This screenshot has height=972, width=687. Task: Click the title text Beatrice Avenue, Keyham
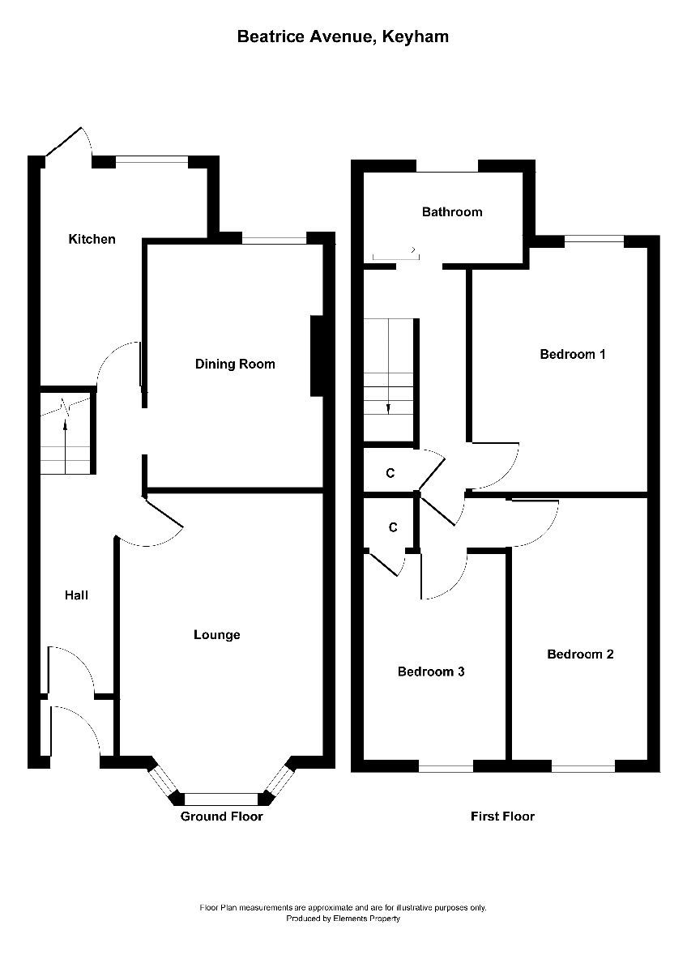343,36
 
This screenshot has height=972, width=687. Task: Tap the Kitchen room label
92,239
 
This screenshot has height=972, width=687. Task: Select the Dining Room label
235,364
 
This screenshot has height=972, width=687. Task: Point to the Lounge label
216,634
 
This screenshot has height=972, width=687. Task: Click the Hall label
76,595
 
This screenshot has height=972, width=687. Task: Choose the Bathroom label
451,212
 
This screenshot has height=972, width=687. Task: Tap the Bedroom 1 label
573,354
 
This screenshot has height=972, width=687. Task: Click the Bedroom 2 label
579,654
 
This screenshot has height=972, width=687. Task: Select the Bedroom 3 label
430,671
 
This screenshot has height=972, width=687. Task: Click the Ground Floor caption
221,816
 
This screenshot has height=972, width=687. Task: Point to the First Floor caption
502,816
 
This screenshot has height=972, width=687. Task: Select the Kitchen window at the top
151,161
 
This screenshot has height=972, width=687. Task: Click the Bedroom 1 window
594,239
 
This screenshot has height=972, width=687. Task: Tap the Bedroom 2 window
583,765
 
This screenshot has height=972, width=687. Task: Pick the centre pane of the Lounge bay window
220,798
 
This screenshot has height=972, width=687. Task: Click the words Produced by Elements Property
343,919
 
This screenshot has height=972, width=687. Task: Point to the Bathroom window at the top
447,168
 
